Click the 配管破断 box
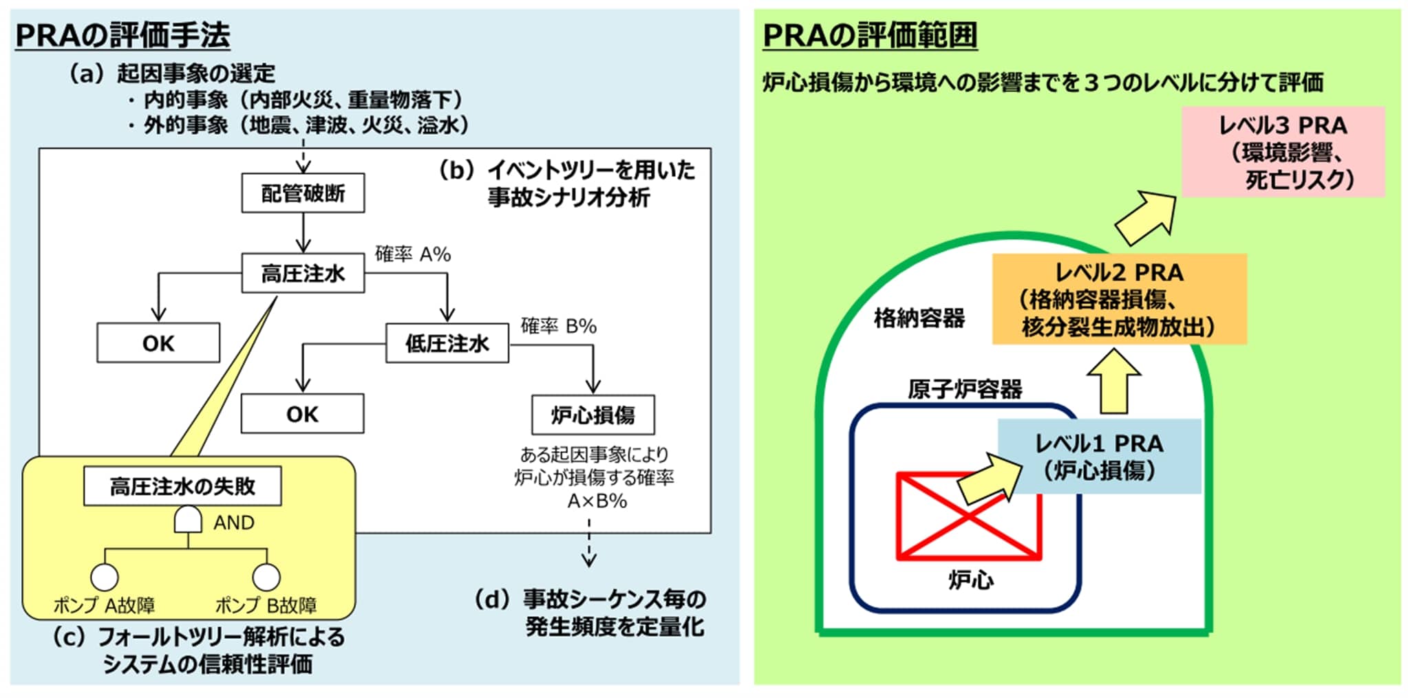(x=303, y=193)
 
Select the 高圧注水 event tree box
(x=303, y=274)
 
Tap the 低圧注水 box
(x=447, y=343)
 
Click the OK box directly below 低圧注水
(x=302, y=414)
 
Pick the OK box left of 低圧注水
(x=158, y=343)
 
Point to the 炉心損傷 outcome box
(x=593, y=415)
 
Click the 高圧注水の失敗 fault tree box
(x=182, y=486)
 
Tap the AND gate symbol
(x=188, y=521)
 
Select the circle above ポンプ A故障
(x=105, y=576)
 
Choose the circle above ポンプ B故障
(x=266, y=576)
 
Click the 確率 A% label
(x=413, y=254)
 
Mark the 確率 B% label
(x=558, y=326)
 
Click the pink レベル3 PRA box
(x=1283, y=152)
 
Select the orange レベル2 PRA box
(x=1119, y=299)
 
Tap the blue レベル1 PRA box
(x=1099, y=457)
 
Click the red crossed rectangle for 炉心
(x=968, y=516)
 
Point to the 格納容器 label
(x=919, y=318)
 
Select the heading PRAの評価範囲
(x=870, y=35)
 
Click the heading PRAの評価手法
(x=122, y=35)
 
